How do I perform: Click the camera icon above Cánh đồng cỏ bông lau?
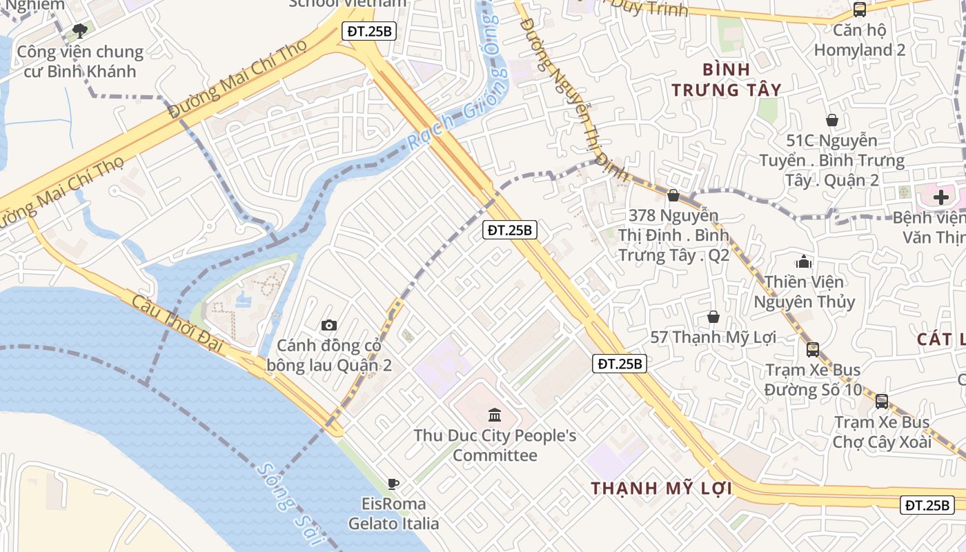329,325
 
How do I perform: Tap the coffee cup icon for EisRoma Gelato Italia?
393,484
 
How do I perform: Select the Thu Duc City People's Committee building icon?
495,415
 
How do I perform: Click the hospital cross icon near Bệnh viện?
941,197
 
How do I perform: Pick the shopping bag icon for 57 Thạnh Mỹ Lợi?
713,317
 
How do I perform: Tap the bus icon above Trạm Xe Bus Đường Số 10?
813,349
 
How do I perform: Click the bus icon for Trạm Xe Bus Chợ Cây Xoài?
882,401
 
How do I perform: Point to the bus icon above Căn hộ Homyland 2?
860,10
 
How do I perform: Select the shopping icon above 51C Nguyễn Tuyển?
832,120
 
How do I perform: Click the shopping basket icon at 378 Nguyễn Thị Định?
673,195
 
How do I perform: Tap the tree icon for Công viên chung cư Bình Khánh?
80,30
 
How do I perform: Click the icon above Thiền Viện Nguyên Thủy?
803,262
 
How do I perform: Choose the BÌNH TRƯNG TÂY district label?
727,79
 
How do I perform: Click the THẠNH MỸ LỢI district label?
660,488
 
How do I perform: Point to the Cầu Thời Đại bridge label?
177,324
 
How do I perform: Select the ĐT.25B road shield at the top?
369,31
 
